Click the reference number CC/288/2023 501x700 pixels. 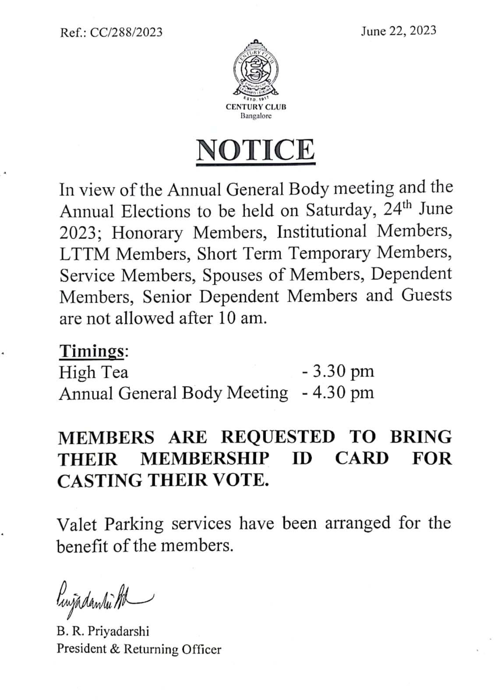click(126, 32)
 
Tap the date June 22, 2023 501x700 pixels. click(398, 31)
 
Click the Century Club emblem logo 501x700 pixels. click(256, 70)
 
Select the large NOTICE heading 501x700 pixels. click(256, 150)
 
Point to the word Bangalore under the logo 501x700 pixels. click(256, 116)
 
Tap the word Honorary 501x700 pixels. click(147, 232)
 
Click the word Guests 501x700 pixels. click(426, 295)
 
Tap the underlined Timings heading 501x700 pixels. click(92, 351)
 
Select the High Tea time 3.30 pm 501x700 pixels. click(338, 371)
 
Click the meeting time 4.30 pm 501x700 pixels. click(338, 392)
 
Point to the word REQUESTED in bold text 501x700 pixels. click(277, 437)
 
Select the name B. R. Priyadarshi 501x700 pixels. click(103, 631)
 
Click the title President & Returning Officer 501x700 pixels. click(139, 649)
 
